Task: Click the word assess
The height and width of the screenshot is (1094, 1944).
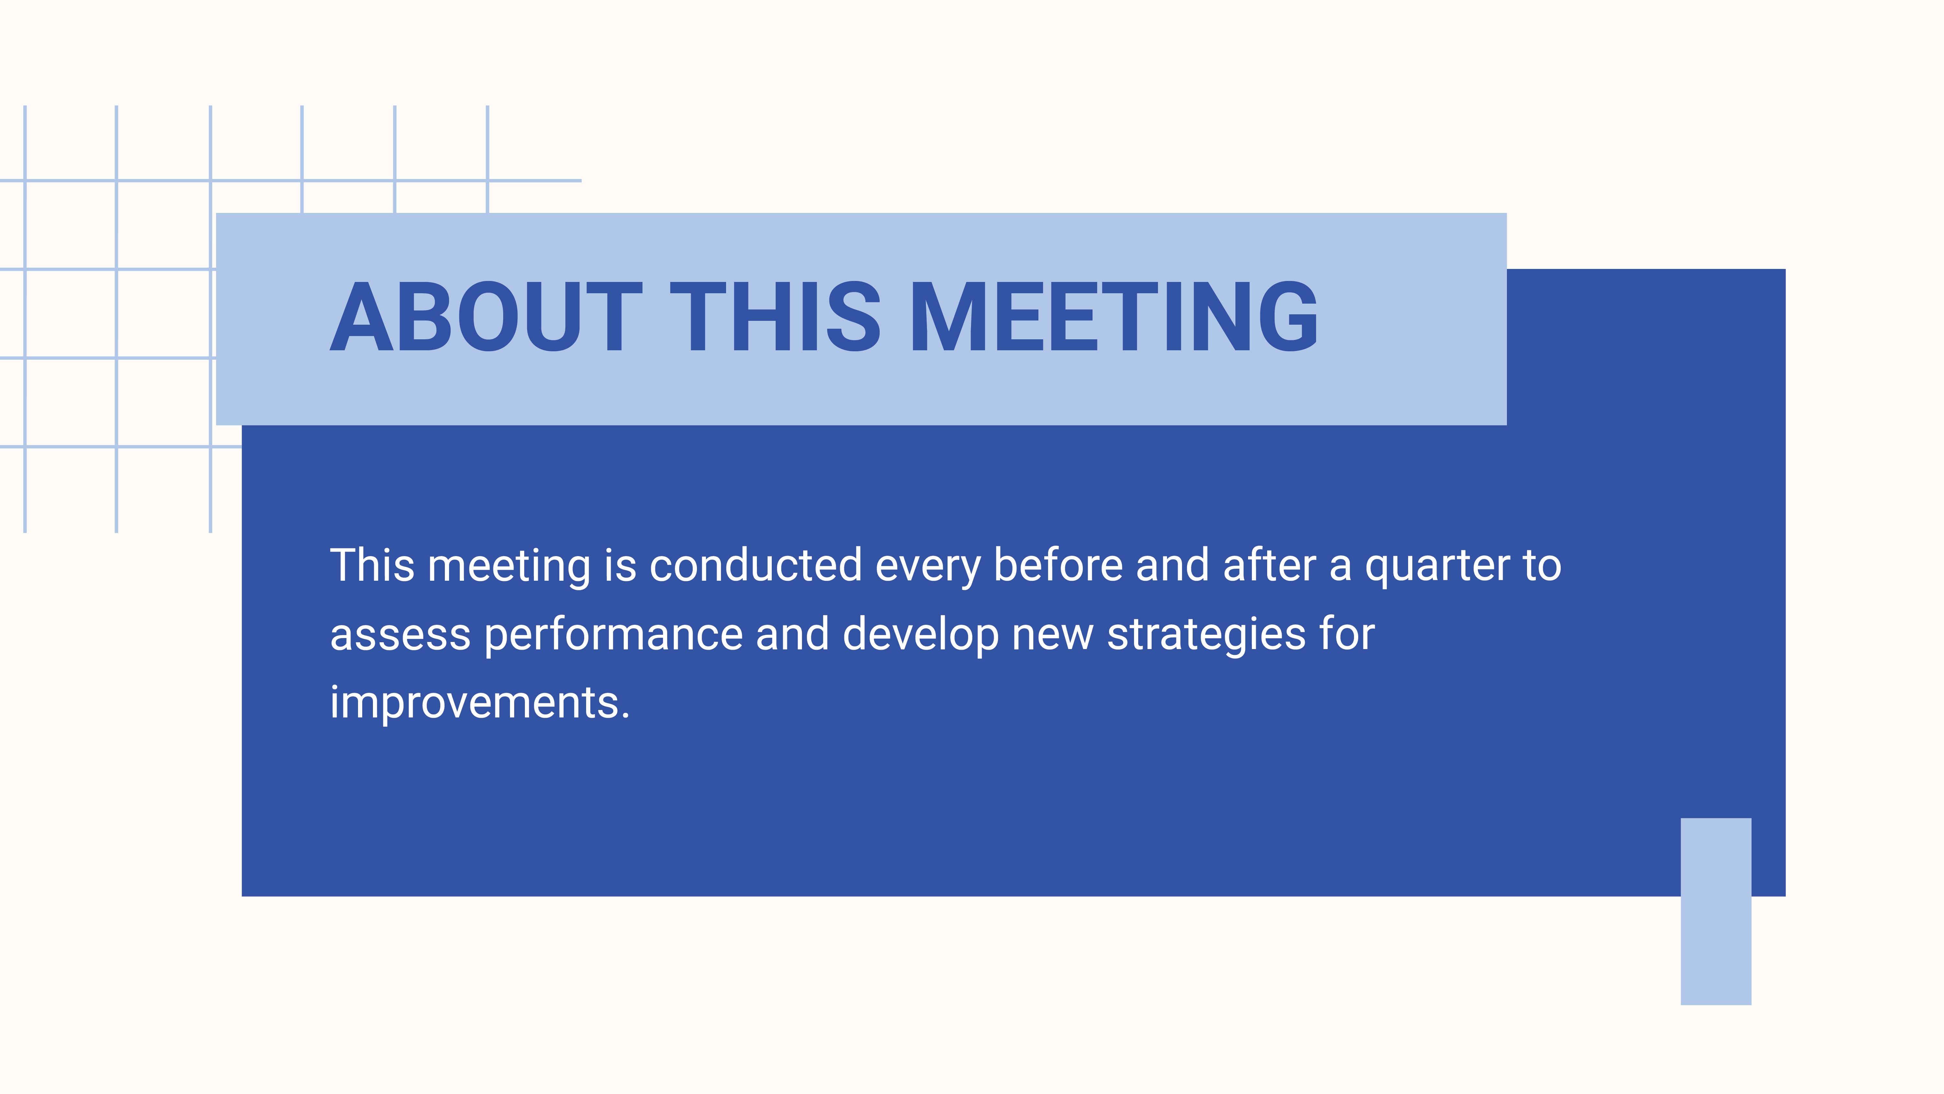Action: pyautogui.click(x=400, y=635)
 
